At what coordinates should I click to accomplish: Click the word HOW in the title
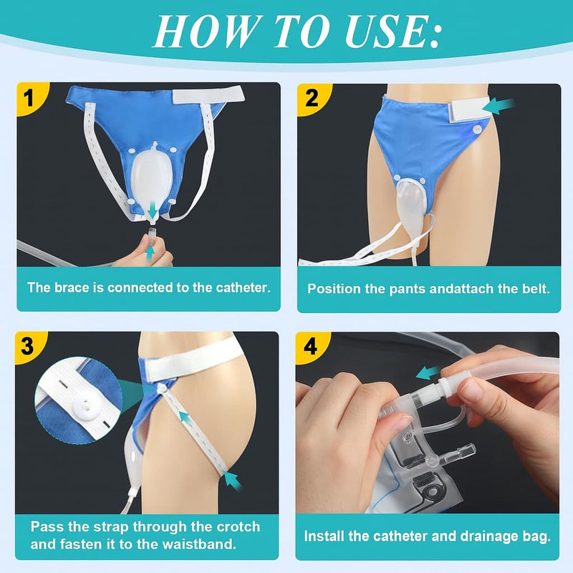tap(199, 32)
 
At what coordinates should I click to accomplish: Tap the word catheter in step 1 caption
tap(241, 288)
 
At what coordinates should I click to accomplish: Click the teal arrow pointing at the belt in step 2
tap(499, 106)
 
